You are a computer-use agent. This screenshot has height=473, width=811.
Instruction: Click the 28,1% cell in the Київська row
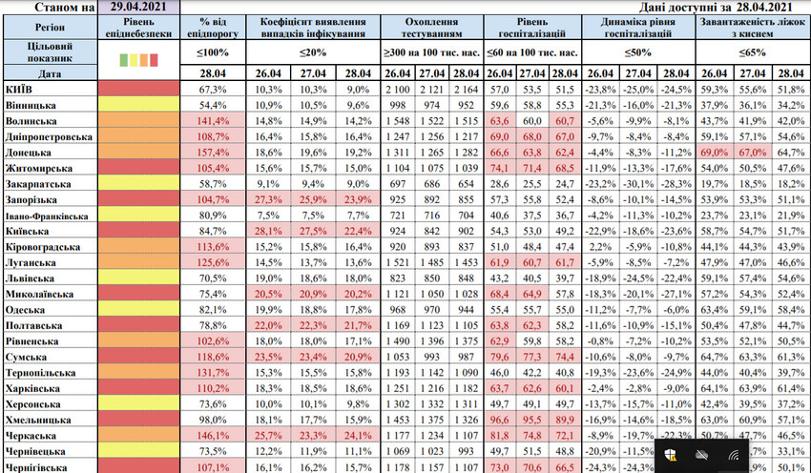(271, 231)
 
